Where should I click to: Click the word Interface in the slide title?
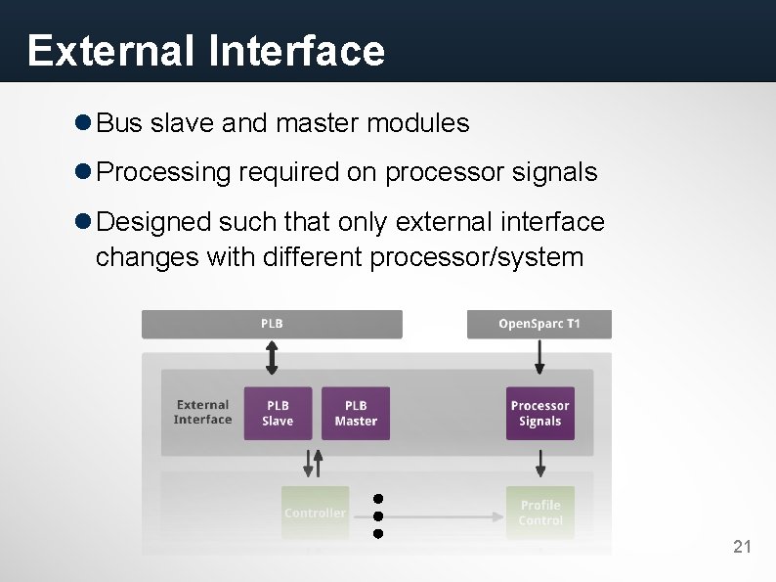pyautogui.click(x=297, y=51)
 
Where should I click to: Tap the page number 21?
pyautogui.click(x=743, y=547)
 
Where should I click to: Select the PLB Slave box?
pyautogui.click(x=278, y=413)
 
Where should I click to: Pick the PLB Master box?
pyautogui.click(x=356, y=413)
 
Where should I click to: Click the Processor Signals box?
pyautogui.click(x=539, y=413)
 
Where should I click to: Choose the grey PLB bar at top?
pyautogui.click(x=272, y=324)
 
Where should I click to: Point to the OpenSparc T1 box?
pyautogui.click(x=539, y=324)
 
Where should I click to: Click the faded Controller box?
pyautogui.click(x=315, y=513)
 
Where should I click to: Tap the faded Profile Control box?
pyautogui.click(x=539, y=513)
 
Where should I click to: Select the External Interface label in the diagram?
pyautogui.click(x=203, y=412)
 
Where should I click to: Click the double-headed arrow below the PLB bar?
pyautogui.click(x=272, y=357)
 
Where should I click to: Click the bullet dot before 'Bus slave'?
pyautogui.click(x=83, y=123)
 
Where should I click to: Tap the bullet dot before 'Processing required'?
pyautogui.click(x=83, y=172)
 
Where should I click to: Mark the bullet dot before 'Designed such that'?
pyautogui.click(x=83, y=222)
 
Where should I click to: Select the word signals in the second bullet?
pyautogui.click(x=552, y=172)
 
